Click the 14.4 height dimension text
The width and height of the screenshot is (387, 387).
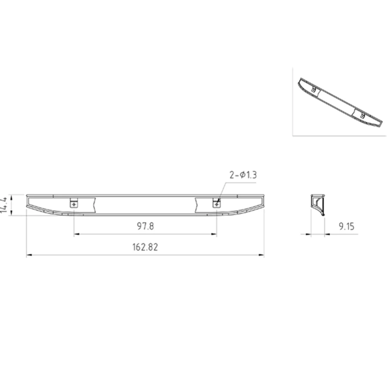(x=4, y=204)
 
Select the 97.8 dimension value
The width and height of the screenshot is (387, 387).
(x=145, y=226)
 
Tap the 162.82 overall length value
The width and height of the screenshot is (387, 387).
(x=145, y=247)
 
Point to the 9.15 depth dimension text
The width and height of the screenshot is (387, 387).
(x=347, y=226)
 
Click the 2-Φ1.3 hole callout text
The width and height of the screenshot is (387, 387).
(x=243, y=175)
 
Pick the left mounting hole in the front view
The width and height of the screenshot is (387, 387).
(x=74, y=204)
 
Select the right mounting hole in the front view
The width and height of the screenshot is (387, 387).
(x=216, y=204)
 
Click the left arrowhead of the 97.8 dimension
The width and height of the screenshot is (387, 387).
(x=77, y=234)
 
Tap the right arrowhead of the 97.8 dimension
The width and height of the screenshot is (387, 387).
(x=214, y=234)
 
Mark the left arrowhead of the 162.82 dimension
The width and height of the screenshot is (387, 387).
(x=29, y=255)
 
